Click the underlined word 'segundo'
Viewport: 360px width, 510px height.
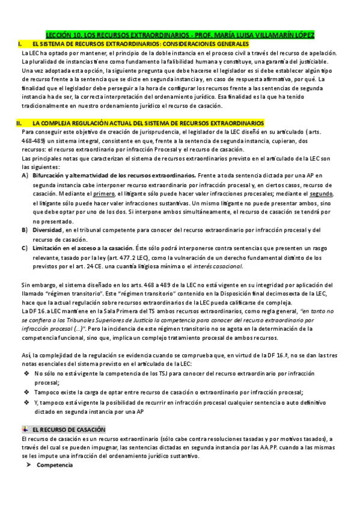coord(320,195)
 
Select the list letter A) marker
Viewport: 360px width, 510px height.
coord(25,175)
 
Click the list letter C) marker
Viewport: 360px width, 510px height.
coord(25,247)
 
